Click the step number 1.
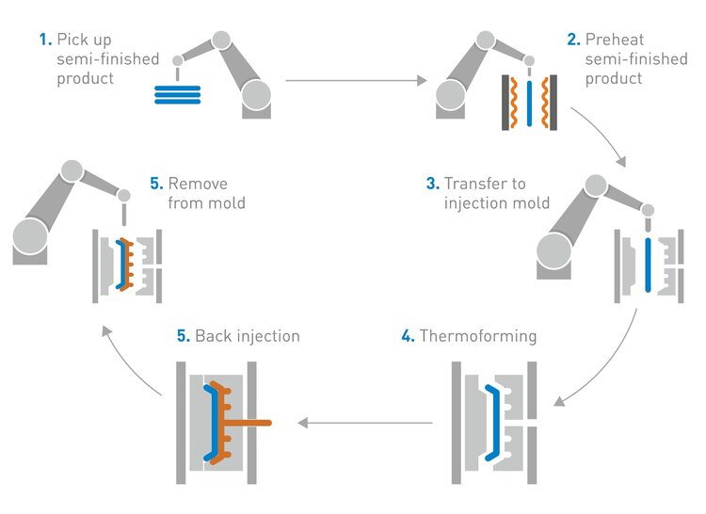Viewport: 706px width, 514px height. [43, 40]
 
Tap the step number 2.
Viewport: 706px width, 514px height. [572, 40]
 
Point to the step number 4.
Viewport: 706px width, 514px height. [407, 335]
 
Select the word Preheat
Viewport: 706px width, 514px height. [613, 40]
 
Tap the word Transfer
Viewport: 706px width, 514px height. [473, 183]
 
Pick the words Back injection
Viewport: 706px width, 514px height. [247, 335]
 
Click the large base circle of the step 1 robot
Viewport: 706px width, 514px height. [256, 95]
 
